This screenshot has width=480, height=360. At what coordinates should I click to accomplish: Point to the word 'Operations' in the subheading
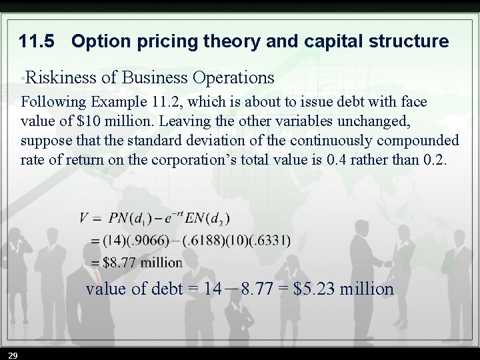click(233, 78)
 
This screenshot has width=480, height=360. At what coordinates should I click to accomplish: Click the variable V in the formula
click(84, 218)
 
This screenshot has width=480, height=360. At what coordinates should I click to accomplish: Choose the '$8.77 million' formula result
click(142, 262)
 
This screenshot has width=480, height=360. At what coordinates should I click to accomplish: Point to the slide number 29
click(13, 353)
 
